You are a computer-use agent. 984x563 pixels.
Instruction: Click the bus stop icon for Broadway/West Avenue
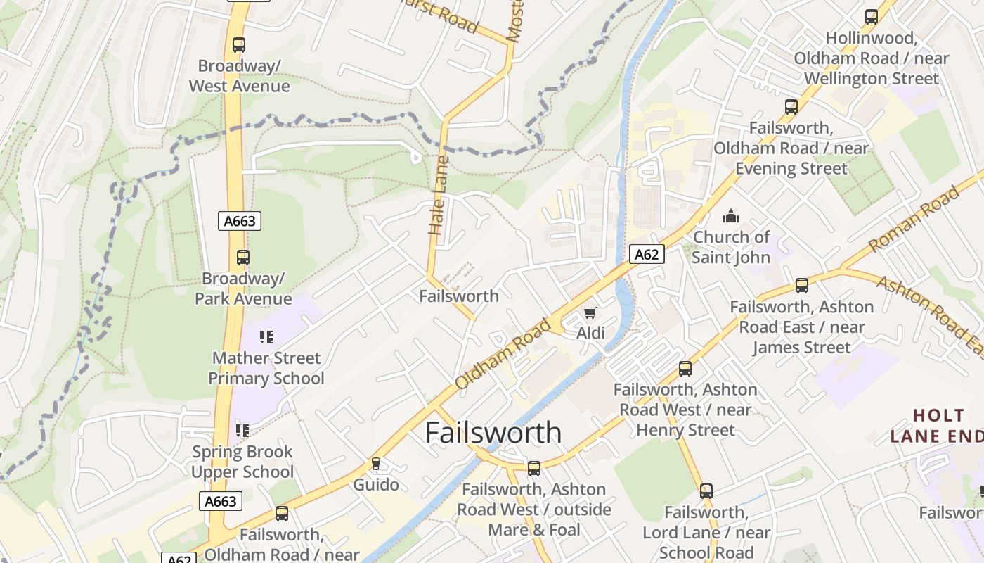pyautogui.click(x=239, y=45)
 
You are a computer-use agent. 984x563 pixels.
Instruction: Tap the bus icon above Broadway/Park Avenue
pyautogui.click(x=243, y=258)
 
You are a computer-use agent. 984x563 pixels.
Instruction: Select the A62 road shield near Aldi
pyautogui.click(x=646, y=254)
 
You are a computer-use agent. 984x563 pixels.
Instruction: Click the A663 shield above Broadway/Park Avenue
pyautogui.click(x=239, y=221)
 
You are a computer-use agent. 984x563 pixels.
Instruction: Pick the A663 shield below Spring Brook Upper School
pyautogui.click(x=221, y=501)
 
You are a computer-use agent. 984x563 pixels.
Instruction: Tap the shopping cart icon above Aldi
pyautogui.click(x=590, y=312)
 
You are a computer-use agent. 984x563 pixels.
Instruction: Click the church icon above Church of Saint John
pyautogui.click(x=731, y=216)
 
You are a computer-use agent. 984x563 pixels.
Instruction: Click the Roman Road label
pyautogui.click(x=914, y=219)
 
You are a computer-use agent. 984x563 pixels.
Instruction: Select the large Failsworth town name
pyautogui.click(x=493, y=432)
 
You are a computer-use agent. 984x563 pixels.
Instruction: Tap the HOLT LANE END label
pyautogui.click(x=937, y=425)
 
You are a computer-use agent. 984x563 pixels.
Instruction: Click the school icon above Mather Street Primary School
pyautogui.click(x=266, y=337)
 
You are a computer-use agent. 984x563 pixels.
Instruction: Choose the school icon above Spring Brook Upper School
pyautogui.click(x=242, y=430)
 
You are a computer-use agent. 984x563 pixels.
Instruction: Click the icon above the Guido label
pyautogui.click(x=376, y=464)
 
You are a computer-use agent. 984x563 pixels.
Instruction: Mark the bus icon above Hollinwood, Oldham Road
pyautogui.click(x=872, y=17)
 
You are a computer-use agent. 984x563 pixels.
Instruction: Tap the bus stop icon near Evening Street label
pyautogui.click(x=791, y=107)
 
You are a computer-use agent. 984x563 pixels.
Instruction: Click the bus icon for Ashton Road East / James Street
pyautogui.click(x=802, y=286)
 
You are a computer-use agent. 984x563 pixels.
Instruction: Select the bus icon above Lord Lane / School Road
pyautogui.click(x=706, y=491)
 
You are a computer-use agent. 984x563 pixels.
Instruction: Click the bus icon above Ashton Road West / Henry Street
pyautogui.click(x=685, y=369)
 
